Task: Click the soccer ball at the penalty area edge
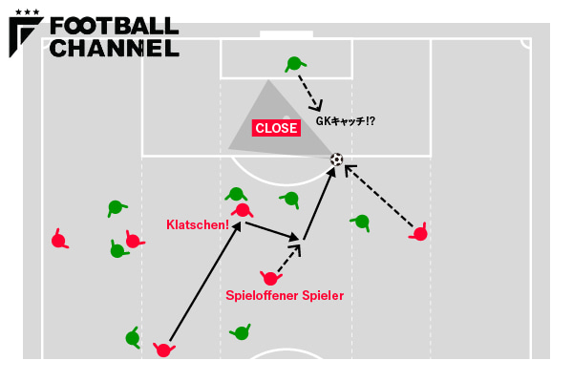pyautogui.click(x=336, y=159)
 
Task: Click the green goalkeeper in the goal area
pyautogui.click(x=293, y=64)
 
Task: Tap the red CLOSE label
pyautogui.click(x=276, y=128)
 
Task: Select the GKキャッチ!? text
pyautogui.click(x=346, y=122)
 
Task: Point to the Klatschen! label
pyautogui.click(x=198, y=225)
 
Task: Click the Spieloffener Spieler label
pyautogui.click(x=285, y=296)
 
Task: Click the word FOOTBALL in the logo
pyautogui.click(x=114, y=27)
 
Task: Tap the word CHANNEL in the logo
pyautogui.click(x=114, y=48)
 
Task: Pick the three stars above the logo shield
pyautogui.click(x=28, y=11)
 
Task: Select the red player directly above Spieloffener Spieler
pyautogui.click(x=270, y=279)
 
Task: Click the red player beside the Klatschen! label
pyautogui.click(x=243, y=210)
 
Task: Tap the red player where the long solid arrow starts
pyautogui.click(x=163, y=350)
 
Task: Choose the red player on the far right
pyautogui.click(x=420, y=233)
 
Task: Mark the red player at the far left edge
pyautogui.click(x=58, y=241)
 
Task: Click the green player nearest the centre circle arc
pyautogui.click(x=241, y=333)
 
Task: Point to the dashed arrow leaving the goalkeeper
pyautogui.click(x=309, y=92)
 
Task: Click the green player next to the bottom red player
pyautogui.click(x=133, y=338)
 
